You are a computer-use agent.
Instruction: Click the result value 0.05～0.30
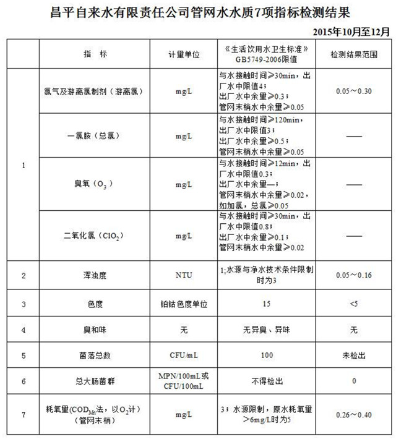click(x=353, y=91)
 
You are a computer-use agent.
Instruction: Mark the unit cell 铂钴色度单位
click(x=184, y=304)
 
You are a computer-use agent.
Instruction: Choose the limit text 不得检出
click(x=267, y=381)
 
